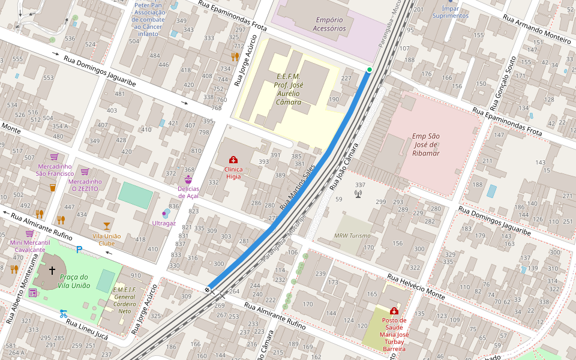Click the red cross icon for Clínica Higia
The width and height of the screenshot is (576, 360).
point(233,160)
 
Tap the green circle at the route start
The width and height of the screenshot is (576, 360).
point(370,70)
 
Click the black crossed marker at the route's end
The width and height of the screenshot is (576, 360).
point(208,290)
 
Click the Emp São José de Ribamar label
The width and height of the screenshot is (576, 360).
point(425,145)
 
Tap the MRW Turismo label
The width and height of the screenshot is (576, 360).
point(352,236)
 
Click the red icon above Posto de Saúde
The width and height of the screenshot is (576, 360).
point(394,311)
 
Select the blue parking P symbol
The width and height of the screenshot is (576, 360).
point(79,250)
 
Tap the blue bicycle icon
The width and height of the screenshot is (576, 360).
point(64,313)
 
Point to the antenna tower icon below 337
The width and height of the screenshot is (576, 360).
point(358,194)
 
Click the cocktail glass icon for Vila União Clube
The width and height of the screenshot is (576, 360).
point(107,226)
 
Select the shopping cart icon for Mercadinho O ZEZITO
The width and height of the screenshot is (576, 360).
point(85,172)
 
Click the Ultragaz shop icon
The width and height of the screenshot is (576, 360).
point(166,213)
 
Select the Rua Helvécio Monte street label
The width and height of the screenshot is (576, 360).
point(418,287)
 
